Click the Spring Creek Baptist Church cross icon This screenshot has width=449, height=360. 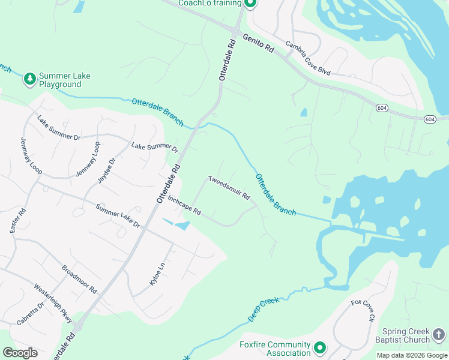click(x=439, y=334)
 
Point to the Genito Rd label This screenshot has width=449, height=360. click(x=259, y=44)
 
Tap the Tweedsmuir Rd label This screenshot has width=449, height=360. click(x=229, y=188)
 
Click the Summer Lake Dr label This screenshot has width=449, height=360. click(x=118, y=216)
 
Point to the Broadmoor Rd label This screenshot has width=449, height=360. click(x=79, y=277)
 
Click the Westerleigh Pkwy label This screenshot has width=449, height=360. click(x=53, y=303)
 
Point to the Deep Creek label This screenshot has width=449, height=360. click(x=264, y=308)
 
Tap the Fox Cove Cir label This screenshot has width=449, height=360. click(x=363, y=310)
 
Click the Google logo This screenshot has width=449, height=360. click(x=20, y=353)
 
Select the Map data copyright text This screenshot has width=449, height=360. click(x=412, y=355)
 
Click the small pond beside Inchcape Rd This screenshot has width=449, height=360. click(x=182, y=226)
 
